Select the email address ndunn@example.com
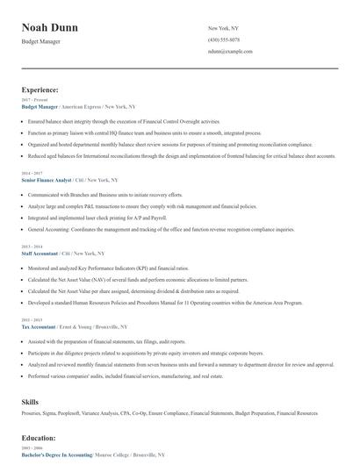point(230,51)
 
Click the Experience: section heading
point(40,89)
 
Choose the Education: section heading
point(39,436)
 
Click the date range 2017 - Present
point(35,100)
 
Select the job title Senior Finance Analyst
point(47,179)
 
